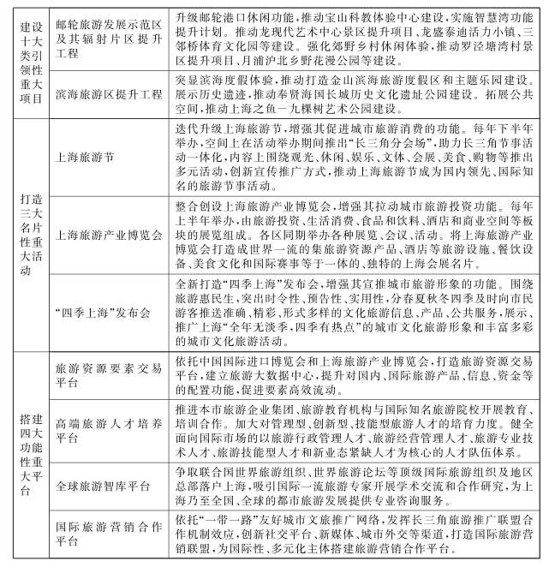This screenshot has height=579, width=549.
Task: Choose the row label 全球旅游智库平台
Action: click(101, 486)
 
